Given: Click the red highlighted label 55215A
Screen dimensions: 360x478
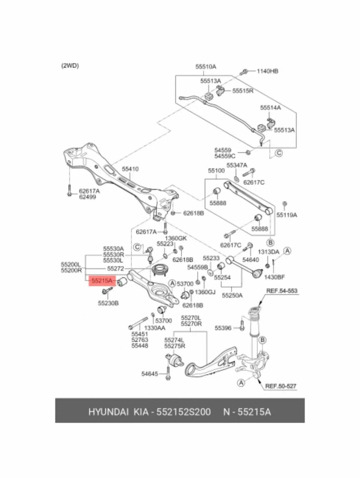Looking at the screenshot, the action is pyautogui.click(x=102, y=281).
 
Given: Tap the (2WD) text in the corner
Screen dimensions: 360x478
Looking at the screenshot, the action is pyautogui.click(x=70, y=66).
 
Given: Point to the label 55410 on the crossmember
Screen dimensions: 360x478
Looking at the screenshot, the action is pyautogui.click(x=130, y=169).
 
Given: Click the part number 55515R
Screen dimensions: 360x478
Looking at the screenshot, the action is pyautogui.click(x=243, y=91).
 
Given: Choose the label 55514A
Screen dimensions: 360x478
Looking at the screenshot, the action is pyautogui.click(x=271, y=108).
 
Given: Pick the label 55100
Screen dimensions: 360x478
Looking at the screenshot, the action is pyautogui.click(x=216, y=171).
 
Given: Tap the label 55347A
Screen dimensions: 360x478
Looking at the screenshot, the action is pyautogui.click(x=237, y=165).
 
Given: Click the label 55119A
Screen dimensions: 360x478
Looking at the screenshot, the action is pyautogui.click(x=287, y=215).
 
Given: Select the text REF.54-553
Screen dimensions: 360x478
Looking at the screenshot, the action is pyautogui.click(x=282, y=291).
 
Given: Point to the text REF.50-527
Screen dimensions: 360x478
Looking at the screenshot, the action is pyautogui.click(x=281, y=387).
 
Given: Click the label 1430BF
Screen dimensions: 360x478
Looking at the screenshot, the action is pyautogui.click(x=274, y=277).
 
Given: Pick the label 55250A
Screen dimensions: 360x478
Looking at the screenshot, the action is pyautogui.click(x=232, y=295).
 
